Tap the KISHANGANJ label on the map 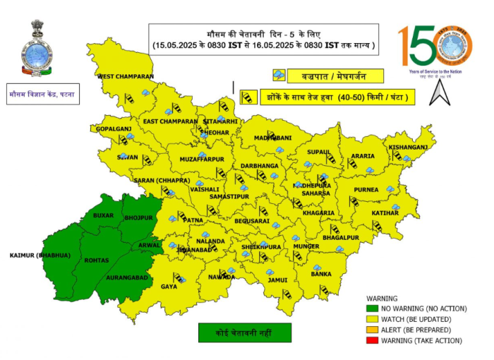[409, 147]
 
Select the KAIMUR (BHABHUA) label [40, 255]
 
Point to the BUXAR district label [103, 215]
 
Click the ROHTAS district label [97, 260]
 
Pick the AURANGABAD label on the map [126, 277]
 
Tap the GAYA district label [169, 287]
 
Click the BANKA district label [321, 274]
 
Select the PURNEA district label [367, 189]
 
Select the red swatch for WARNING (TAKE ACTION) [372, 341]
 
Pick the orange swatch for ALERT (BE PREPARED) [372, 330]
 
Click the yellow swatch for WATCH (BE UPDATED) [372, 320]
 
